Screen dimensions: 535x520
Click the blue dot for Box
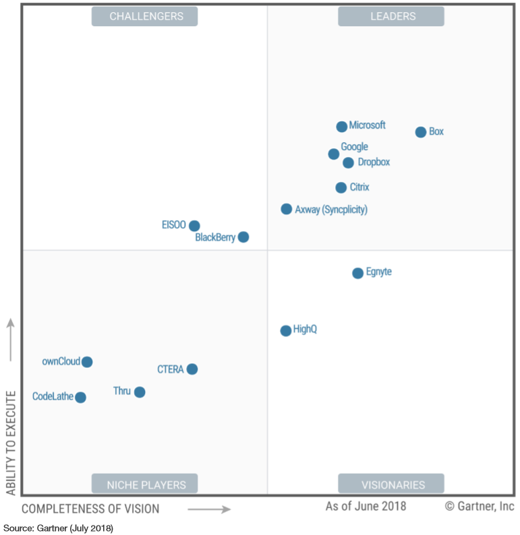pyautogui.click(x=420, y=132)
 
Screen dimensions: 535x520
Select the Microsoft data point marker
pyautogui.click(x=342, y=127)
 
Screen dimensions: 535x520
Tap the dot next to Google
pyautogui.click(x=334, y=154)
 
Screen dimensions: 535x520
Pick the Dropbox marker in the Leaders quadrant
pyautogui.click(x=348, y=162)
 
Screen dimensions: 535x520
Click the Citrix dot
pyautogui.click(x=341, y=188)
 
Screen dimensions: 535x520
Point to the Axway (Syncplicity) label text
pyautogui.click(x=331, y=210)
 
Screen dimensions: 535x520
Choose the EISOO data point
pyautogui.click(x=194, y=226)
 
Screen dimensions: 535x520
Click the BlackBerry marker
pyautogui.click(x=243, y=237)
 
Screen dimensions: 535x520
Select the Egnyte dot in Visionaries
pyautogui.click(x=357, y=273)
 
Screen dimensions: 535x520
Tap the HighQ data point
pyautogui.click(x=286, y=330)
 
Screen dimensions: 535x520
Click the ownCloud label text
pyautogui.click(x=61, y=361)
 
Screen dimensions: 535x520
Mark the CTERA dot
pyautogui.click(x=192, y=369)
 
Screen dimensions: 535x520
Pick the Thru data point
pyautogui.click(x=140, y=392)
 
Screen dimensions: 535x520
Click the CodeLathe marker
pyautogui.click(x=80, y=398)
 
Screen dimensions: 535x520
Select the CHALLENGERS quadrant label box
pyautogui.click(x=144, y=16)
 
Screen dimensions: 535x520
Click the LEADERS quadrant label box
pyautogui.click(x=391, y=16)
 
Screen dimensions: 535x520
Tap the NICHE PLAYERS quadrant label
pyautogui.click(x=144, y=484)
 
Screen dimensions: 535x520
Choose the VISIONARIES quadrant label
pyautogui.click(x=391, y=484)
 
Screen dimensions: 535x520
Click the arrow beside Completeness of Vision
pyautogui.click(x=209, y=509)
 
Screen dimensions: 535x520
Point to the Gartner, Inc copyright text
pyautogui.click(x=480, y=506)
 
